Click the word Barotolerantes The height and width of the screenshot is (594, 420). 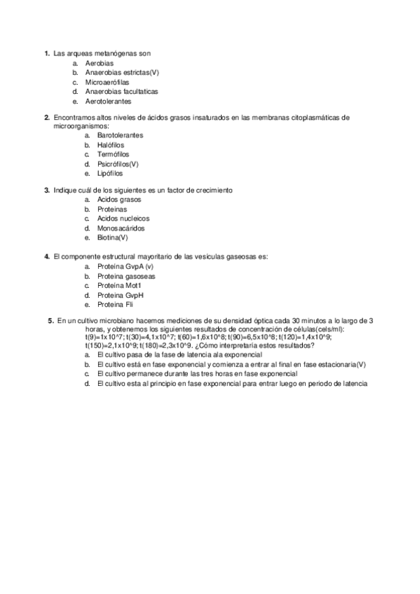pyautogui.click(x=121, y=134)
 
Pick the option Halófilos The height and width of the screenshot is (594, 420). pyautogui.click(x=111, y=144)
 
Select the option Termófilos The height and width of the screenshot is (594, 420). pyautogui.click(x=113, y=154)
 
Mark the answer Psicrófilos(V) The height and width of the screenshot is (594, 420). pyautogui.click(x=118, y=164)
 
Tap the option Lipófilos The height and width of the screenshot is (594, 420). pyautogui.click(x=110, y=173)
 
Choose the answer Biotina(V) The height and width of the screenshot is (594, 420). pyautogui.click(x=113, y=237)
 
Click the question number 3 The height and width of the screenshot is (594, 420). pyautogui.click(x=46, y=190)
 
